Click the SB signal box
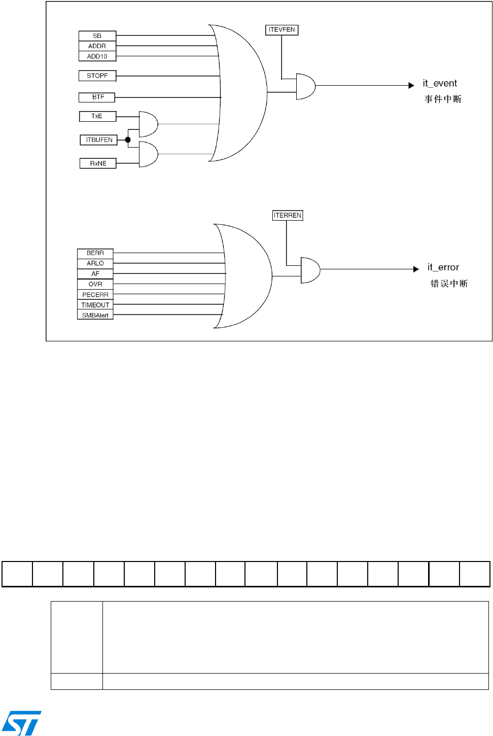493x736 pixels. pos(97,36)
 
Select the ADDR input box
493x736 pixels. pos(97,46)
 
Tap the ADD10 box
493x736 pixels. pos(97,56)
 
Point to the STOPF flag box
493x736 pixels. pos(97,76)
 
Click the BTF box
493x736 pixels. pos(97,97)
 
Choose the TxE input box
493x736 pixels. pos(97,116)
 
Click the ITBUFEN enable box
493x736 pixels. pos(99,140)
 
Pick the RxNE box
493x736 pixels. pos(98,163)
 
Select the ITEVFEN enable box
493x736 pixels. pos(281,30)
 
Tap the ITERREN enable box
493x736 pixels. pos(288,216)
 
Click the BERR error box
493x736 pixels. pos(95,253)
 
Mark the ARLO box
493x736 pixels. pos(95,263)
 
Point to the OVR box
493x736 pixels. pos(95,284)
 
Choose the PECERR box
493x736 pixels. pos(95,295)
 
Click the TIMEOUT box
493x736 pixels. pos(95,305)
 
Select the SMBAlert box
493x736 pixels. pos(95,316)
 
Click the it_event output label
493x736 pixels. pos(440,84)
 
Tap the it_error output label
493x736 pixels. pos(443,267)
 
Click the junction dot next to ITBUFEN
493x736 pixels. pos(128,140)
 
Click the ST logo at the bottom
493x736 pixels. pos(21,723)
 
